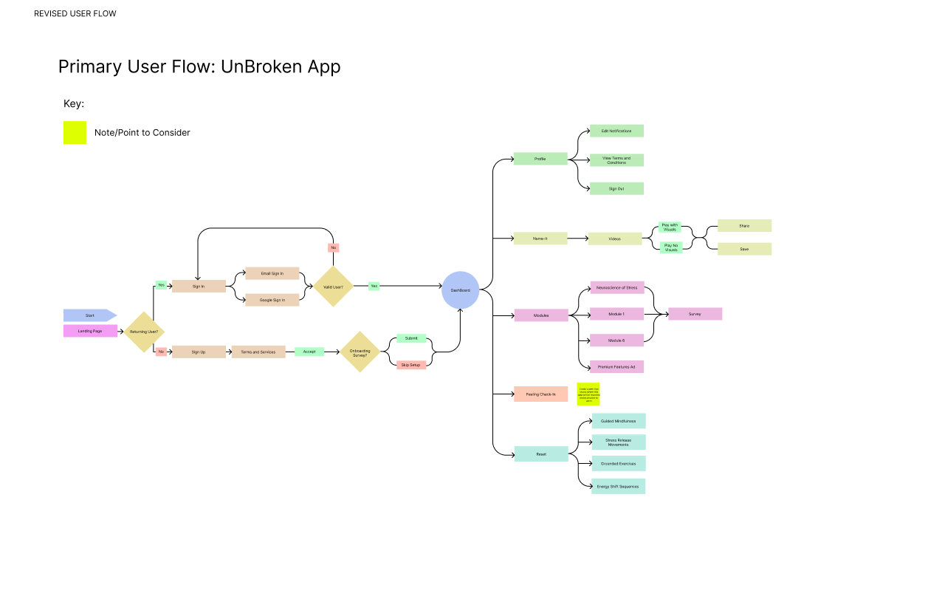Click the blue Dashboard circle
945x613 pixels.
pos(461,290)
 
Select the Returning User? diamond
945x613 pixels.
pos(144,332)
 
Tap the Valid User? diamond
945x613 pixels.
pos(333,287)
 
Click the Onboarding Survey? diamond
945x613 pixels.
pos(360,352)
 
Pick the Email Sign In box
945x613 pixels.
pos(272,273)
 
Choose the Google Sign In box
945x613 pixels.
pos(272,300)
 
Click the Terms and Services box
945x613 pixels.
pos(258,352)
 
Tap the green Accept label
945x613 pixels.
pos(309,352)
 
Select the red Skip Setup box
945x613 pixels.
pos(410,365)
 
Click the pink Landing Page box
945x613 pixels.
pos(90,331)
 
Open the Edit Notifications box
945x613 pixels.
pos(616,131)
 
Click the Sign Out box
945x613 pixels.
pos(616,188)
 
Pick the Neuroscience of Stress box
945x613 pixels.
pos(616,287)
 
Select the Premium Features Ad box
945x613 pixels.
pos(616,366)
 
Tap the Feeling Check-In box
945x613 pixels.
pos(541,394)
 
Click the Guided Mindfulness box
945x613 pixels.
pos(619,421)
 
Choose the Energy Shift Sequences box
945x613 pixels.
pos(619,486)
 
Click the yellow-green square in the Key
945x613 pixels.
pos(75,133)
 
